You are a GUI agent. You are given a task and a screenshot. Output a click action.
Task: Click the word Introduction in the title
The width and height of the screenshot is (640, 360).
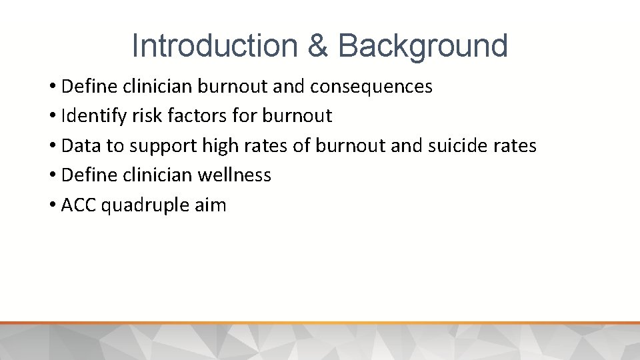213,45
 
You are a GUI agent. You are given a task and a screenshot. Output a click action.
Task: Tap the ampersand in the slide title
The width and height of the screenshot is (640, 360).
319,45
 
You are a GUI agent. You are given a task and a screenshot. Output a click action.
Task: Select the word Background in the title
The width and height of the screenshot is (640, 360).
423,45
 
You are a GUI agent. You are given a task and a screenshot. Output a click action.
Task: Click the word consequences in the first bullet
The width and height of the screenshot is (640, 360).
377,87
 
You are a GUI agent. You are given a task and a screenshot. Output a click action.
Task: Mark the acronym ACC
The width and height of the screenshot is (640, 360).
79,205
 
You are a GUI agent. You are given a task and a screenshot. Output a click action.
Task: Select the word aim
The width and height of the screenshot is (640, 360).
212,205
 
